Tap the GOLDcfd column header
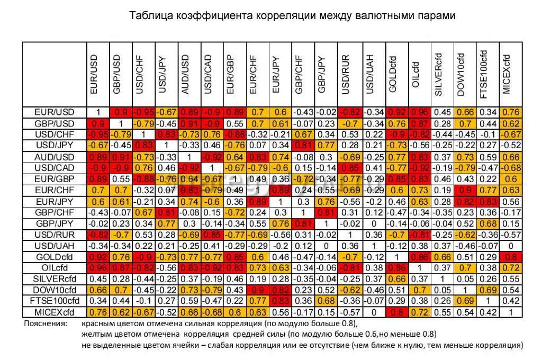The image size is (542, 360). click(x=392, y=74)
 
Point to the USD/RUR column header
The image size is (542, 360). click(x=346, y=74)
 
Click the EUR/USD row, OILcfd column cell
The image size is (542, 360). click(x=415, y=112)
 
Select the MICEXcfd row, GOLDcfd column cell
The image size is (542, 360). click(x=392, y=311)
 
